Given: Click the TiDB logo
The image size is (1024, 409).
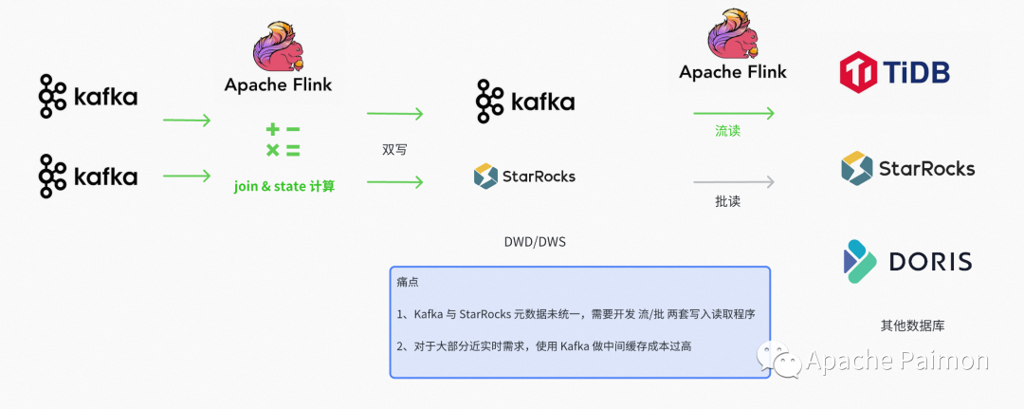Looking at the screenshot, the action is (x=894, y=72).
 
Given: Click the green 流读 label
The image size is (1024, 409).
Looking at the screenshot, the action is (x=727, y=131).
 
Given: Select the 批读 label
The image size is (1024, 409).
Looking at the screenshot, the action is (x=727, y=201).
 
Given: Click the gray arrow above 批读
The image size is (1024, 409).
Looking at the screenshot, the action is (x=733, y=181).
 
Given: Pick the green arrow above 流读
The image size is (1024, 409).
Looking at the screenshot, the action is (x=733, y=113).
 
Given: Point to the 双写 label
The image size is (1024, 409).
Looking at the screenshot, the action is (x=394, y=150).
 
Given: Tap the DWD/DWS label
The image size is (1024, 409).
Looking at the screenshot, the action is (x=534, y=242).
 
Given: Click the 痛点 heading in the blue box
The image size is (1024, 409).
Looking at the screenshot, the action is (x=408, y=283).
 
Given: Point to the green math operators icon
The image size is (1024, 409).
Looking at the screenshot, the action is (x=283, y=140).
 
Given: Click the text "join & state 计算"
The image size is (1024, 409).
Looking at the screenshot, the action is (x=284, y=187).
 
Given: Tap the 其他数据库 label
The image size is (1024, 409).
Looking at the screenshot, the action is (x=912, y=325).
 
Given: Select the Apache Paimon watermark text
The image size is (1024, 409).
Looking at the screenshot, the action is (x=897, y=360).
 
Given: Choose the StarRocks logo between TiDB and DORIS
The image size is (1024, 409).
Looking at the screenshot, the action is (x=907, y=169).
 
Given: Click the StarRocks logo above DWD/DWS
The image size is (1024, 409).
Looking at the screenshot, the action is (x=524, y=176).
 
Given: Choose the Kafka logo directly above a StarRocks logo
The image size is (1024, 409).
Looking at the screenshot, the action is (x=524, y=102).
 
